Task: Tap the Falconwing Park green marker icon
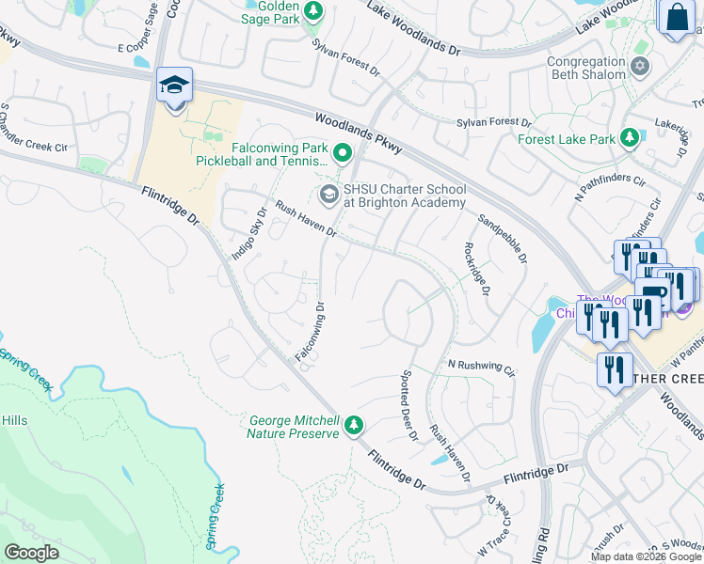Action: pos(343,153)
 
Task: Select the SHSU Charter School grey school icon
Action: pos(328,195)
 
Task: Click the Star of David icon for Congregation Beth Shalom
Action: pos(641,67)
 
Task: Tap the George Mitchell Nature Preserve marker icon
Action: pos(354,426)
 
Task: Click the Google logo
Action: pos(31,552)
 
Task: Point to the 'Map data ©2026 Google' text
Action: pos(646,556)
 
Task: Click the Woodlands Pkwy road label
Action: pos(359,133)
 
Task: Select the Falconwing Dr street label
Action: pos(310,332)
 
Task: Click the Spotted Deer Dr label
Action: pos(408,404)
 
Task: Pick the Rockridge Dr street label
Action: pos(476,268)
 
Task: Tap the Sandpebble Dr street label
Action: pos(503,240)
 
